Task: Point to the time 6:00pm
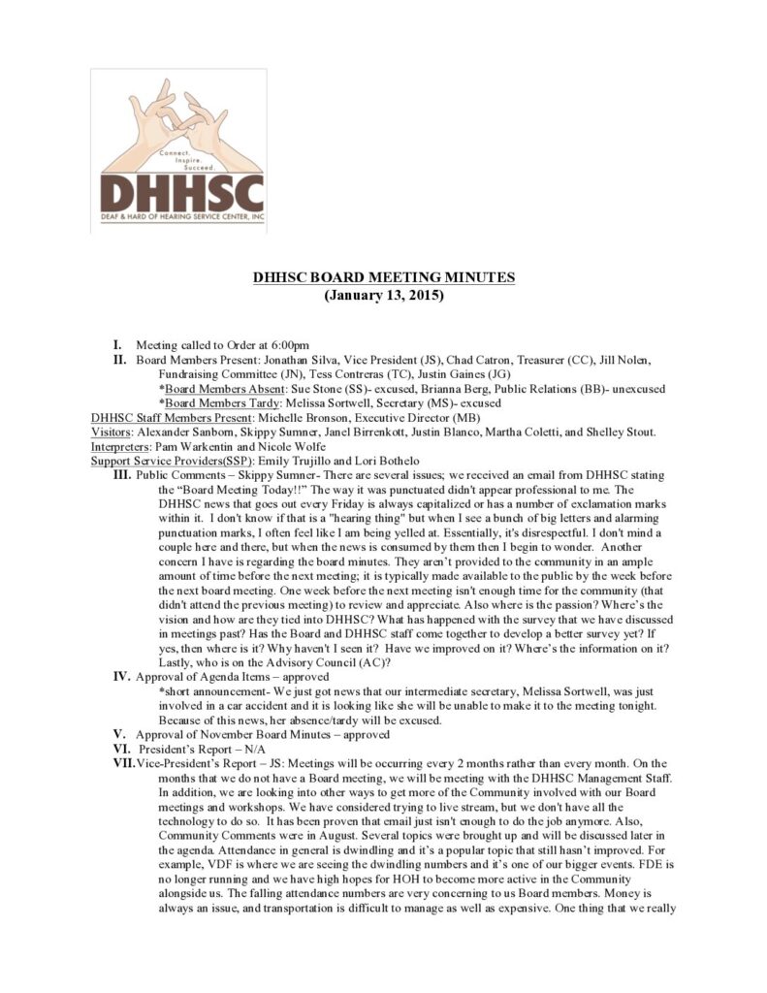[x=289, y=344]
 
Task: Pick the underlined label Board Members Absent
[x=213, y=388]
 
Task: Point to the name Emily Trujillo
[x=290, y=461]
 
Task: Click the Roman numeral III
[x=122, y=475]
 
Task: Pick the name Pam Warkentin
[x=191, y=446]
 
